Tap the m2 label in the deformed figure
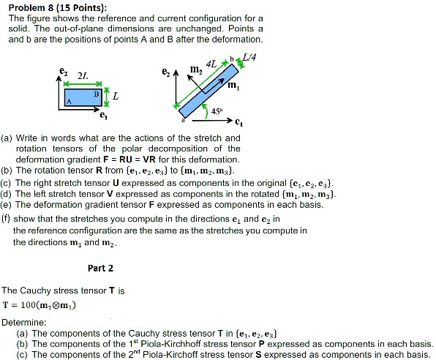(x=195, y=71)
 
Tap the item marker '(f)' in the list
(x=7, y=217)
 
